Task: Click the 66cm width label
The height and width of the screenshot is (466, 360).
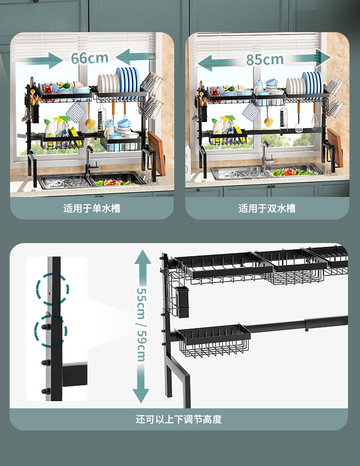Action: click(x=90, y=58)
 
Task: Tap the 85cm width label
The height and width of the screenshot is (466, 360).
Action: click(x=265, y=60)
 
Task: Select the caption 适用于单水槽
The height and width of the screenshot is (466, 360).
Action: click(x=92, y=208)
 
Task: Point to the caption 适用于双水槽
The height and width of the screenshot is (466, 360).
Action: click(x=267, y=208)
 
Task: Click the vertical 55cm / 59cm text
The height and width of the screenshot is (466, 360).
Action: click(x=141, y=325)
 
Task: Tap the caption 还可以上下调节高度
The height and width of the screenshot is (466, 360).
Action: click(x=179, y=419)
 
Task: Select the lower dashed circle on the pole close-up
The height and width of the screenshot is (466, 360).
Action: click(x=50, y=331)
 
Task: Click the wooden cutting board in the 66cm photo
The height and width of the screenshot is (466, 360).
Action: click(x=157, y=153)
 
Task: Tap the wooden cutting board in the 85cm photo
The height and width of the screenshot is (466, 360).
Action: click(x=336, y=147)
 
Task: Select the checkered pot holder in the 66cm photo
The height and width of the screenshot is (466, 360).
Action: click(x=74, y=114)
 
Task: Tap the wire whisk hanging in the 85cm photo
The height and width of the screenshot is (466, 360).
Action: click(x=314, y=119)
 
